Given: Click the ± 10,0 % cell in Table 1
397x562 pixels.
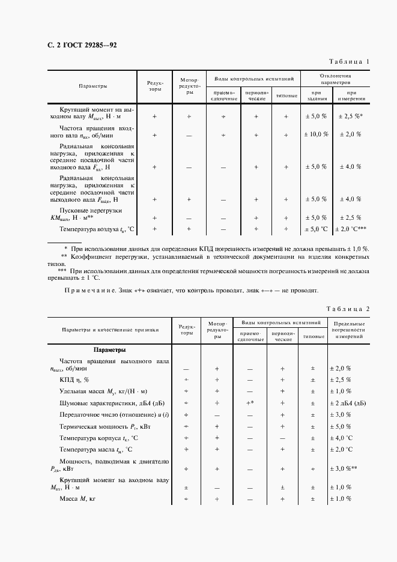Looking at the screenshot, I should coord(317,135).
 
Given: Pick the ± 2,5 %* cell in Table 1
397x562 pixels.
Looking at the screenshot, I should coord(351,116).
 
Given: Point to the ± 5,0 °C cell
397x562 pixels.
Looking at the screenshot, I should coord(317,229).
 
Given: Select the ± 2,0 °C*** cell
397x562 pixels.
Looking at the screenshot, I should coord(351,229).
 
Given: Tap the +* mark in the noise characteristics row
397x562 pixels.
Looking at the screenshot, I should coord(249,403).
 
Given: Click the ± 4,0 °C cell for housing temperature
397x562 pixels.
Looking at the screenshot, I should coord(344,438).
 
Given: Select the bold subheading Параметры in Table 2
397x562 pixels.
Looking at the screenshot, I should coord(110,349).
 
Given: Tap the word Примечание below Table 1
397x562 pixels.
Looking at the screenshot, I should coord(91,291).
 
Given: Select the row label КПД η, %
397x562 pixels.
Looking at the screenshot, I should coord(74,379).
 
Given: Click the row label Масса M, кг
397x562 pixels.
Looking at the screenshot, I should coord(79,499).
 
